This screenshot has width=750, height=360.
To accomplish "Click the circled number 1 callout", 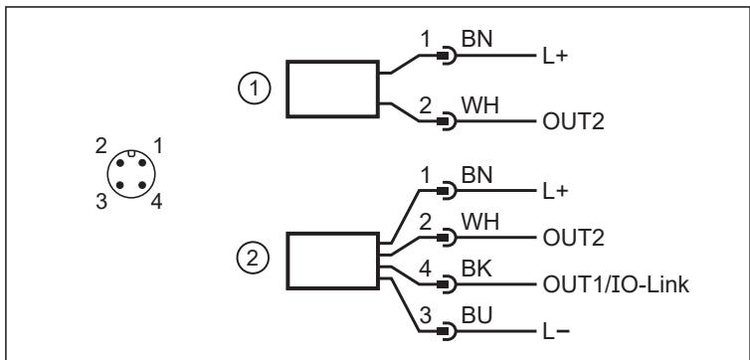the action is tap(255, 89).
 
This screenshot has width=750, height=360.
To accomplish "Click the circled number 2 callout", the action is tap(253, 259).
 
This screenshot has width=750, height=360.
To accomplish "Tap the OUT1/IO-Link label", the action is tap(616, 285).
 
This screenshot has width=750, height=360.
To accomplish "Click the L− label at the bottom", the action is tap(556, 332).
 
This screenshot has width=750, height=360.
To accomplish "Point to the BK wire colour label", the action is tap(475, 270).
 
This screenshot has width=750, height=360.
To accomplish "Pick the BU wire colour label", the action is tap(476, 316).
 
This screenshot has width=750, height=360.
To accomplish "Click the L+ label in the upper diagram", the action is tap(555, 57).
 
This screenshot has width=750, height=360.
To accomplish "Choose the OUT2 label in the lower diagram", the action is tap(573, 238).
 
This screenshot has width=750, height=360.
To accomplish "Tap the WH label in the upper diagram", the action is tap(479, 105).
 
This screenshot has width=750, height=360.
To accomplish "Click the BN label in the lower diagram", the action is tap(476, 175).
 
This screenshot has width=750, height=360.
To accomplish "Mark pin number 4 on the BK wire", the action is tap(425, 269).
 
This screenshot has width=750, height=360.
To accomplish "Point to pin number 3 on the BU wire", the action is tap(425, 316).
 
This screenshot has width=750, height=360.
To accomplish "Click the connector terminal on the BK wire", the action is tap(447, 285).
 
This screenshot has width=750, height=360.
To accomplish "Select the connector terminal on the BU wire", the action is tap(447, 331).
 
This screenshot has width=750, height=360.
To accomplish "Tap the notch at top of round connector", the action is tap(131, 153).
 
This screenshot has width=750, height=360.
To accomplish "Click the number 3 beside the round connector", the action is tap(100, 202).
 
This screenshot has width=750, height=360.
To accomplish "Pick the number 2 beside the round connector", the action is tap(100, 146).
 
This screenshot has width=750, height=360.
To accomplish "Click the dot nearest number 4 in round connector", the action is tap(142, 185).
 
